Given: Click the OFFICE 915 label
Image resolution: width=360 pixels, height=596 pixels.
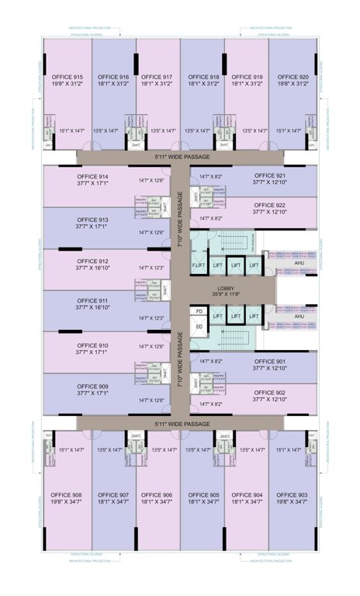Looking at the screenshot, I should [x=67, y=78].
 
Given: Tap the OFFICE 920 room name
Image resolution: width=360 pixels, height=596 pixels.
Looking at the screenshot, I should [x=292, y=78].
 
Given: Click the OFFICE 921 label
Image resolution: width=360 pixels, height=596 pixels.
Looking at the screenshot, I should [x=270, y=176].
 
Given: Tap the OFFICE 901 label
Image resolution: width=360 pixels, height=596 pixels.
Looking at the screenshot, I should [x=270, y=361].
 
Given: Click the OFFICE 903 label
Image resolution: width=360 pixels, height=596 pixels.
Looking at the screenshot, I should [x=292, y=494].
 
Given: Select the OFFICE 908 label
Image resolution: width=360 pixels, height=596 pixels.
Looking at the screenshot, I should [x=67, y=494].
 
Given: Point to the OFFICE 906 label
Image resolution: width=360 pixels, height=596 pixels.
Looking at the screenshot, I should [x=157, y=494].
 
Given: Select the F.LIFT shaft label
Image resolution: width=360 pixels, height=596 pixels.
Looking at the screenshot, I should [x=199, y=266].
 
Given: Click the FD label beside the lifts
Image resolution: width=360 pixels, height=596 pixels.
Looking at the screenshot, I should [x=199, y=311].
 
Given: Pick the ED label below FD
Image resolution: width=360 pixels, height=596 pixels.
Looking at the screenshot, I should [x=199, y=326].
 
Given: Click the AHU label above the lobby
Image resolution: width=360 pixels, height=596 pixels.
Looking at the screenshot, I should [x=299, y=263].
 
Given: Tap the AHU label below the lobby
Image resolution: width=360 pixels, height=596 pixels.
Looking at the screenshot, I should [x=299, y=317].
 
